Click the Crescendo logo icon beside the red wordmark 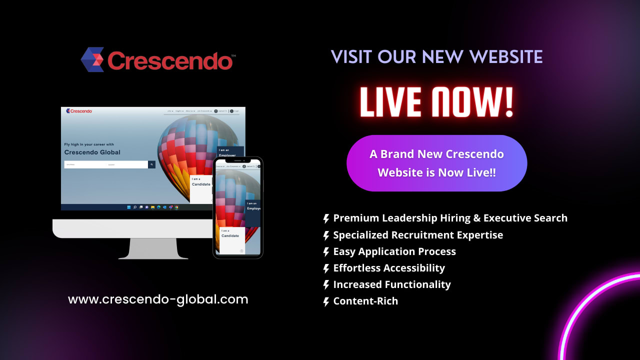point(92,59)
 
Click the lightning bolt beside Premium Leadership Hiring point(326,218)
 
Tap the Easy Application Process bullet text point(394,251)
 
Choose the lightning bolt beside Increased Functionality point(326,285)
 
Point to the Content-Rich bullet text point(365,301)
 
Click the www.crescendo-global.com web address point(158,299)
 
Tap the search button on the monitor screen point(151,164)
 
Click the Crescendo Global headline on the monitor point(92,152)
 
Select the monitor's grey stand point(152,248)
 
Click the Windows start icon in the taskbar point(129,207)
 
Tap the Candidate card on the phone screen point(231,237)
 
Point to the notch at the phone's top point(238,160)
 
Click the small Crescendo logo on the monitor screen point(79,111)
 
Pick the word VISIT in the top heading point(351,57)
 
